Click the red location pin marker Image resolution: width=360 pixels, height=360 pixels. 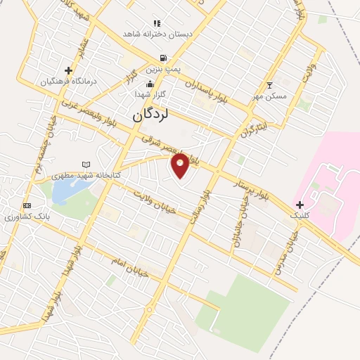[181, 165]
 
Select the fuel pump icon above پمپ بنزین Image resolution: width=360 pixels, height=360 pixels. [163, 58]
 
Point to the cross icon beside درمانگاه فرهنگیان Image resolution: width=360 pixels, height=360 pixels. [68, 70]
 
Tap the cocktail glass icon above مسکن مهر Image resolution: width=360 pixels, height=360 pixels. [269, 85]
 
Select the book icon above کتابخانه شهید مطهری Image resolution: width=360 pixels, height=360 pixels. [86, 163]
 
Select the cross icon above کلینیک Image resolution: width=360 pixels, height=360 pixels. [300, 204]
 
